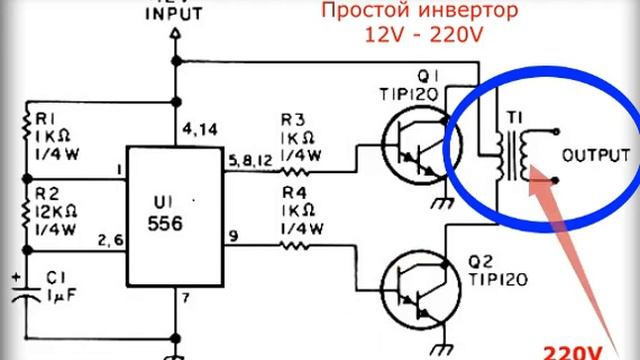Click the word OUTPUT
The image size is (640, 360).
pos(596,156)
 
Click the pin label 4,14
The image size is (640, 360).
pos(200,130)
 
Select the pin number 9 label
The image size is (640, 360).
pos(233,236)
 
